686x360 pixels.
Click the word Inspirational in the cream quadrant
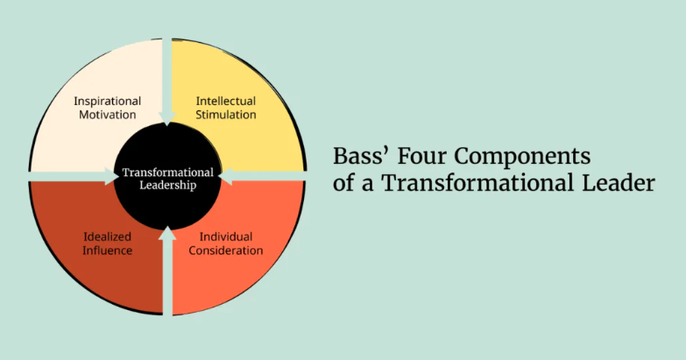[106, 100]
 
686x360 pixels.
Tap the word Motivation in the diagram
[106, 114]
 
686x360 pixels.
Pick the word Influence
[108, 251]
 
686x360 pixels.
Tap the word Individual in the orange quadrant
[226, 236]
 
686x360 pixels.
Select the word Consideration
[226, 251]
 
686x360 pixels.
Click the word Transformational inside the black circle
[167, 172]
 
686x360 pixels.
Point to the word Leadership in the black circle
[167, 185]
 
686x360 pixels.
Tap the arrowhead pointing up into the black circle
[167, 232]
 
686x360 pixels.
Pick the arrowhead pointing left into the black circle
[224, 177]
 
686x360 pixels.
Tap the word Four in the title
[415, 157]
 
